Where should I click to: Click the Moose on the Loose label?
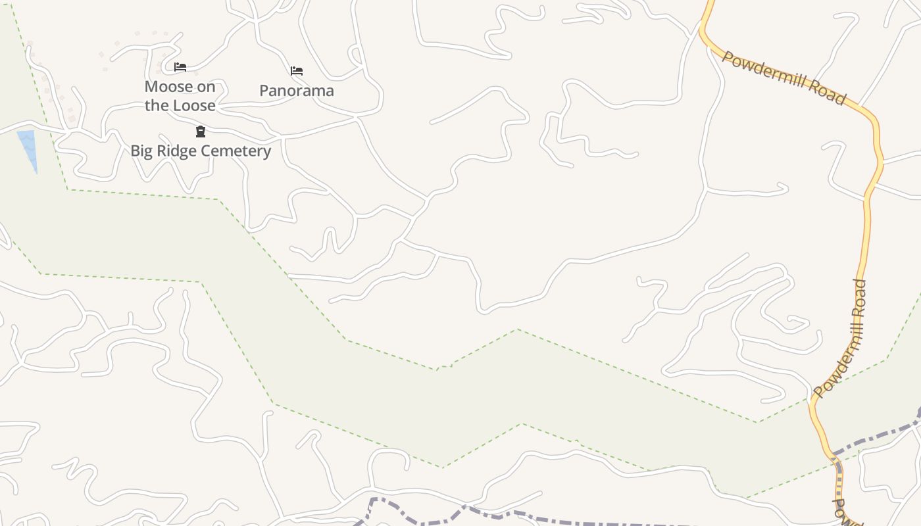pos(180,96)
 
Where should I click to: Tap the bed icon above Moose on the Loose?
pos(180,67)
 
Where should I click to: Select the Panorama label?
pos(297,91)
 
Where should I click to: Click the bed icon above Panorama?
pos(297,71)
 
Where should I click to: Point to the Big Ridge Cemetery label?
pos(201,151)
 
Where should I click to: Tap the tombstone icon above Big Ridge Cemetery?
pos(201,132)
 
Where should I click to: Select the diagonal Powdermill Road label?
pos(784,78)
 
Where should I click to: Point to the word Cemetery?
pos(236,151)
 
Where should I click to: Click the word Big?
pos(141,151)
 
